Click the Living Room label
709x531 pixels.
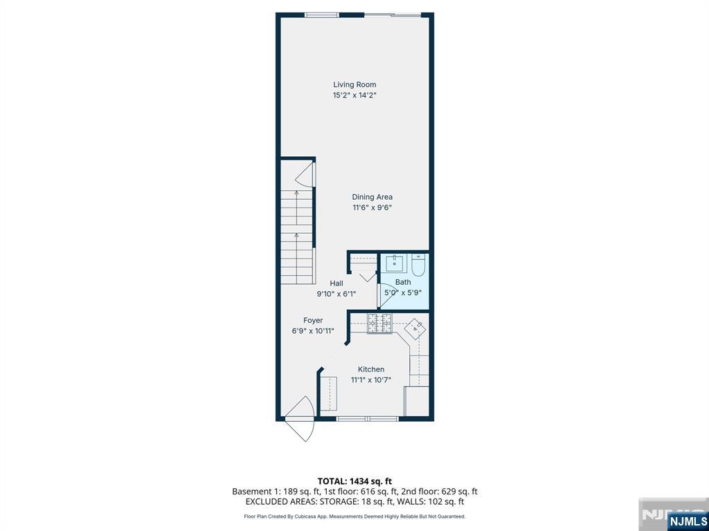click(354, 85)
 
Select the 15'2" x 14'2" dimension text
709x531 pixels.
click(354, 96)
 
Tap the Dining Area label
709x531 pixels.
click(372, 197)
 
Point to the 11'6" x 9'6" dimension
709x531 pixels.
click(372, 207)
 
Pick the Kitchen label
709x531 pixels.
click(371, 369)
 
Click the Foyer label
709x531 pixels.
click(313, 320)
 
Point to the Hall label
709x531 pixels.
click(336, 283)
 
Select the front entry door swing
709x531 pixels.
click(302, 420)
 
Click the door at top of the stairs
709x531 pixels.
click(305, 173)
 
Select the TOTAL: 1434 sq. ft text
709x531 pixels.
click(354, 481)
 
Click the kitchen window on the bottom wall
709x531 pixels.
click(367, 418)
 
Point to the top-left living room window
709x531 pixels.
click(322, 15)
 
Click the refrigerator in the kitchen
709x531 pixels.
click(417, 401)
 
